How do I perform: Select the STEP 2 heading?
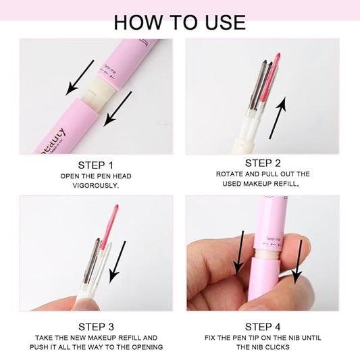(267, 163)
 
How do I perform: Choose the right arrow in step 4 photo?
(298, 263)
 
